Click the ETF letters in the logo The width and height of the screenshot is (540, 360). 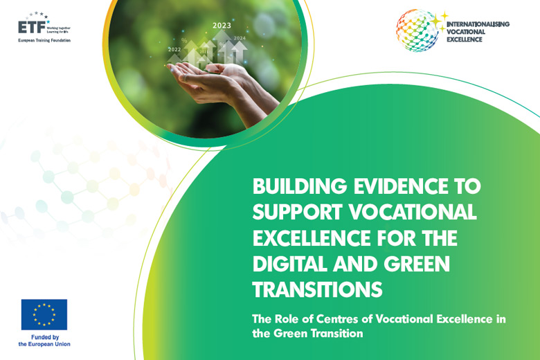coord(32,28)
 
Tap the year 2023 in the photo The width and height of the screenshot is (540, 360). coord(222,26)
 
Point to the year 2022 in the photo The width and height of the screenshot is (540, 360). coord(174,50)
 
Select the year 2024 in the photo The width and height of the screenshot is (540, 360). coord(240,38)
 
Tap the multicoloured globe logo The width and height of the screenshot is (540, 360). coord(417,30)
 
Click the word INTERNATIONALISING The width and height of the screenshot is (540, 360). coord(478,24)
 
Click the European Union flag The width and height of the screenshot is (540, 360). coord(44,314)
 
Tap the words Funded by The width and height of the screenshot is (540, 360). coord(44,337)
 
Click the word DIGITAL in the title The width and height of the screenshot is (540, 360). coord(291,264)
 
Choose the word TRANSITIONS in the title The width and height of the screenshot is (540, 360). coord(317,289)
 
